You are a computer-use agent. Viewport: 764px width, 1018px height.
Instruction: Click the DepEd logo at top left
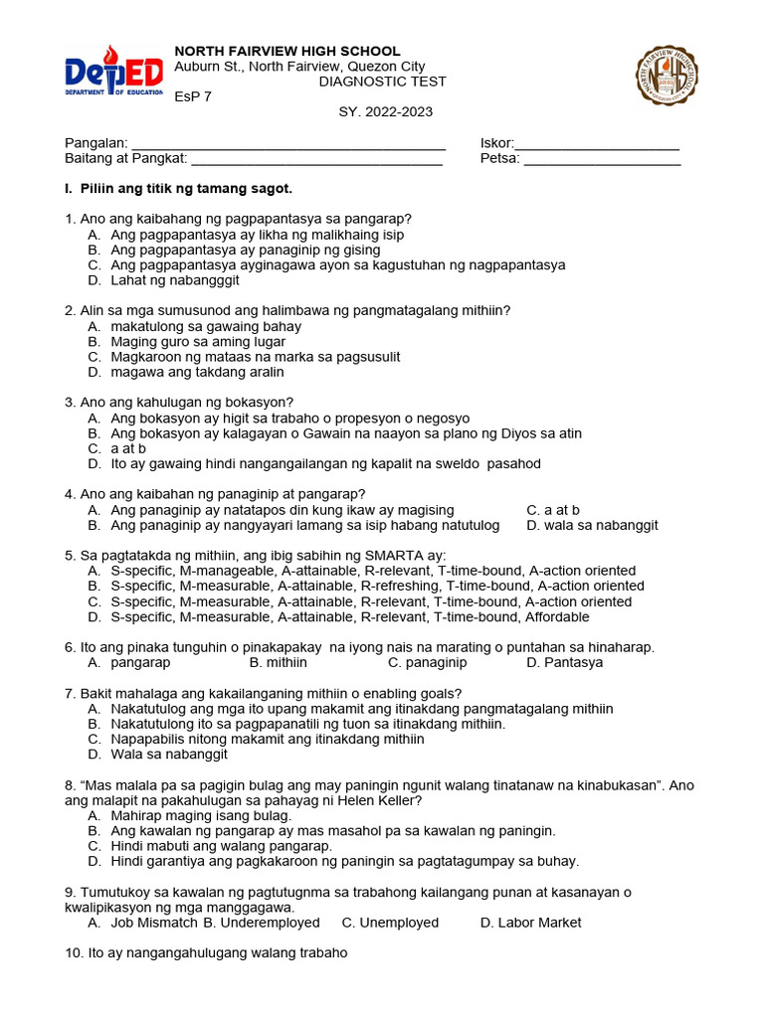(x=113, y=77)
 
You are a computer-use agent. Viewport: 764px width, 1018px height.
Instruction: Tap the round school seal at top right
(x=667, y=77)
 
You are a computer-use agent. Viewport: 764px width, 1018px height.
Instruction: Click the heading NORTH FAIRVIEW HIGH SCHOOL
(x=287, y=51)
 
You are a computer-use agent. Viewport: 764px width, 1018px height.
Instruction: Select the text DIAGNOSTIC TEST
(x=382, y=82)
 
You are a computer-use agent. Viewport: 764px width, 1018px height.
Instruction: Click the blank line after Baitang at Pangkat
(x=316, y=160)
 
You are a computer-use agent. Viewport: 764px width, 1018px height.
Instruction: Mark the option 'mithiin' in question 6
(x=289, y=662)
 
